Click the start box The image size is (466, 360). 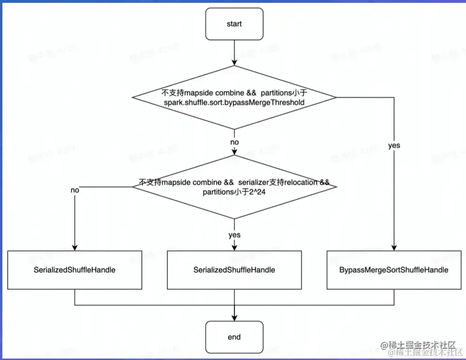coord(234,24)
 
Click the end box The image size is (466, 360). coord(234,337)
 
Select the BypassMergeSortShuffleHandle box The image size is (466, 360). coord(394,270)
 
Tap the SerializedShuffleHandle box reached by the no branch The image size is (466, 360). coord(74,270)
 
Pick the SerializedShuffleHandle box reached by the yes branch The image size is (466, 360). coord(234,270)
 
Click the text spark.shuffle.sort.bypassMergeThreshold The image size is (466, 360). coord(234,102)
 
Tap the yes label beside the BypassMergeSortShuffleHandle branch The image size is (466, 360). coord(394,146)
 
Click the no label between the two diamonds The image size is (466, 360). coord(234,142)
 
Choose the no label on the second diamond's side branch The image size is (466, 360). coord(75,190)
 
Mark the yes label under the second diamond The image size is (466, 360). coord(234,235)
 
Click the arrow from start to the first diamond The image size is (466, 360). coord(234,52)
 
